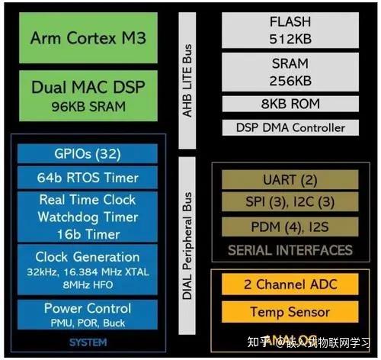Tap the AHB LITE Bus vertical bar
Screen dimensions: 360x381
187,78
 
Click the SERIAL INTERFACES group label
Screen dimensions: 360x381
290,249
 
